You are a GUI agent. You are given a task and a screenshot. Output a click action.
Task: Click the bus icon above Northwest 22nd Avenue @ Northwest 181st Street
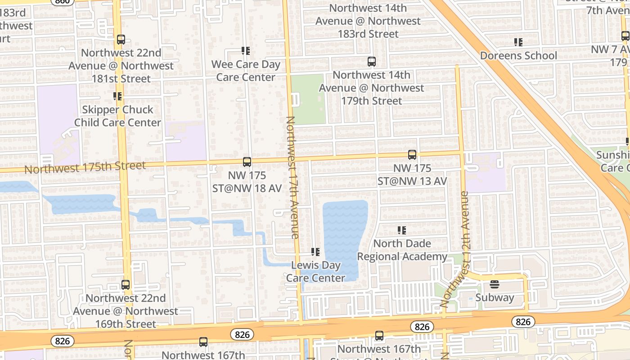click(121, 40)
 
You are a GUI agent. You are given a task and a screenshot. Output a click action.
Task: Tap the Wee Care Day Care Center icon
click(245, 51)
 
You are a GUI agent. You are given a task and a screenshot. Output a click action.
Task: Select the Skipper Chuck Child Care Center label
click(117, 116)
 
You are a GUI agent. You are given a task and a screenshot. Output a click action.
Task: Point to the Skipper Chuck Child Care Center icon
click(117, 96)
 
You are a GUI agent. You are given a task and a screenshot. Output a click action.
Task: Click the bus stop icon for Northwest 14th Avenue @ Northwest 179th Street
click(371, 62)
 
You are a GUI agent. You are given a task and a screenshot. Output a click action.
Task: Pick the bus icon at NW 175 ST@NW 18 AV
click(247, 162)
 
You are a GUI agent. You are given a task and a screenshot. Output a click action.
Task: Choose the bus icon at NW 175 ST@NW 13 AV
click(412, 155)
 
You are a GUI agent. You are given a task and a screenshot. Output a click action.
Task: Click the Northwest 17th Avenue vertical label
click(292, 177)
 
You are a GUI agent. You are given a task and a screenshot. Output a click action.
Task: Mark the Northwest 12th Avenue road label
click(459, 250)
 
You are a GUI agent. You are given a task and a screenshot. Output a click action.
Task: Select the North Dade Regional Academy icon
click(402, 231)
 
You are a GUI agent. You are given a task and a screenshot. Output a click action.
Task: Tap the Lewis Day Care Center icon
click(315, 252)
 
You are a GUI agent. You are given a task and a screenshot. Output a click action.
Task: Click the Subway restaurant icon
click(494, 284)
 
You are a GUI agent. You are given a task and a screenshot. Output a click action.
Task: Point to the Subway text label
click(495, 297)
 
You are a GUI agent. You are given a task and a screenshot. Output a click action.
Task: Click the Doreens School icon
click(518, 42)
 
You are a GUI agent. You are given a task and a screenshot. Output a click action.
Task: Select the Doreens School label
click(518, 56)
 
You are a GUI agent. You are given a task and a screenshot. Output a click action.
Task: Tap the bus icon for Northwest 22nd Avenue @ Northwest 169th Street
click(125, 285)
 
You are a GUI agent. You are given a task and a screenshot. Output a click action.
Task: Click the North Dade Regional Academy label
click(402, 250)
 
